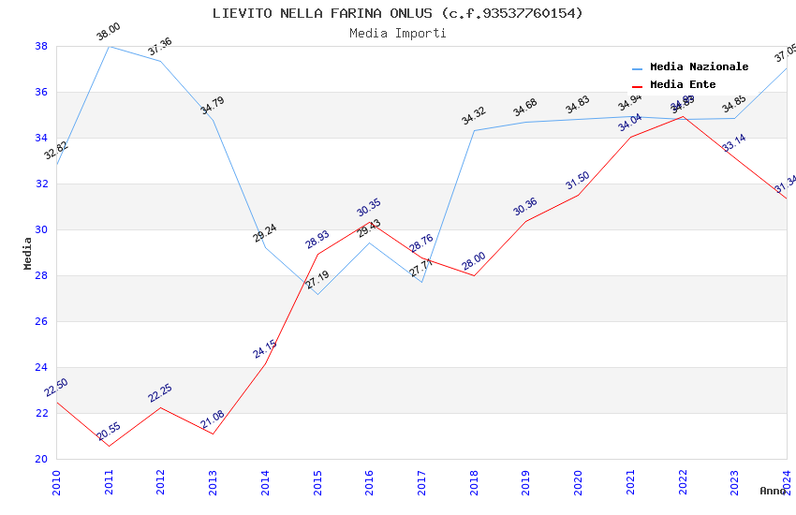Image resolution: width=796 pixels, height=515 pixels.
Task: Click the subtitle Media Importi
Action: [x=397, y=33]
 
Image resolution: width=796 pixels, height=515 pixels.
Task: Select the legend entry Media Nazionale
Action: [x=699, y=67]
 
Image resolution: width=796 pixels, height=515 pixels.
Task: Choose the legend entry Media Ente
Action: [x=683, y=85]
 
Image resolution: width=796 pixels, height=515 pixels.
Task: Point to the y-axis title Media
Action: [x=28, y=253]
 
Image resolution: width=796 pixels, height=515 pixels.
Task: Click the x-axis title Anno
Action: [x=773, y=491]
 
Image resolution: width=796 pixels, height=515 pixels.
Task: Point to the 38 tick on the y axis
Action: [x=41, y=46]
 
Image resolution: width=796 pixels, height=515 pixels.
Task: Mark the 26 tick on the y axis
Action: [x=41, y=321]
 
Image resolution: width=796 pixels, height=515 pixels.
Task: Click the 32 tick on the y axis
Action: [x=41, y=184]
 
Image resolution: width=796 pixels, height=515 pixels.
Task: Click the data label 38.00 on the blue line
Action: [x=109, y=33]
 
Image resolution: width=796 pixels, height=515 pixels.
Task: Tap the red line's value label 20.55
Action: [x=109, y=432]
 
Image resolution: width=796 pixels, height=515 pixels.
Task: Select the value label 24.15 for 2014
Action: [x=265, y=349]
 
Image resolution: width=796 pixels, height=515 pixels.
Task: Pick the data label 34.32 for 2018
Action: [x=474, y=116]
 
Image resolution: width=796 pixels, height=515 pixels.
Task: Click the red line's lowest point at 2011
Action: [x=109, y=446]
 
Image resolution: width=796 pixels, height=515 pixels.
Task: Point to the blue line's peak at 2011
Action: [x=109, y=46]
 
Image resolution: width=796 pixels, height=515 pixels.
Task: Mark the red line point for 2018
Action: [x=474, y=275]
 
